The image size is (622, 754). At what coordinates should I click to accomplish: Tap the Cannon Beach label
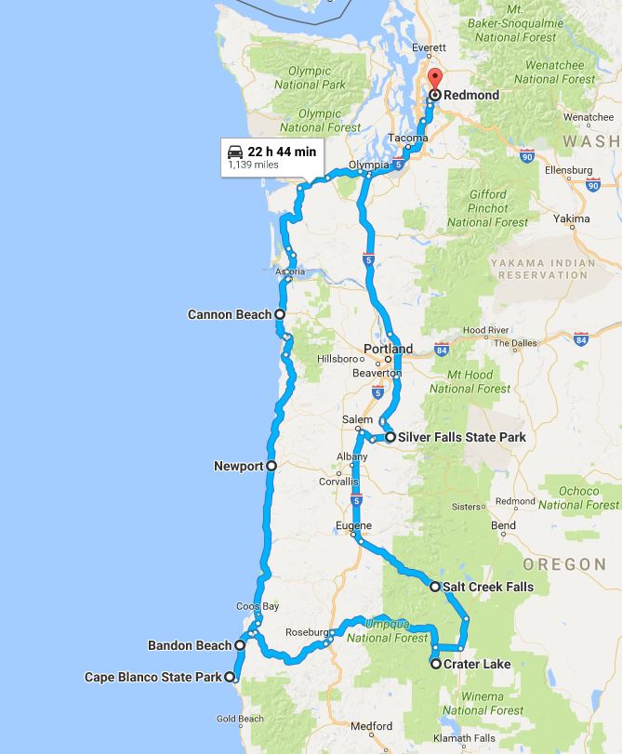229,315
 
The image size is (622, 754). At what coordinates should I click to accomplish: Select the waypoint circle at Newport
271,466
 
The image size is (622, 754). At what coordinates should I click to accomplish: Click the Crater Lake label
477,664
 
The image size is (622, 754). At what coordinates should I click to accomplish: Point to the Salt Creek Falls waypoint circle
435,587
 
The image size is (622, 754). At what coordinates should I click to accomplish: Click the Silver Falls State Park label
461,437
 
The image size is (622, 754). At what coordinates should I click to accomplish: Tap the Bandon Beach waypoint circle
240,644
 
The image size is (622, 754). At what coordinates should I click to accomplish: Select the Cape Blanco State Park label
153,678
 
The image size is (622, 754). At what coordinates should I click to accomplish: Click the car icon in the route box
235,151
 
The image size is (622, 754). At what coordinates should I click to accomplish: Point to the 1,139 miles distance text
253,165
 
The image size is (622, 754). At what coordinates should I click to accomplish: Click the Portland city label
388,350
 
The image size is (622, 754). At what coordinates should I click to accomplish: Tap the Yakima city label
571,219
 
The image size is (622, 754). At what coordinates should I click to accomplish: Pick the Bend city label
503,525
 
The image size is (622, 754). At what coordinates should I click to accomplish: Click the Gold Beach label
240,719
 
